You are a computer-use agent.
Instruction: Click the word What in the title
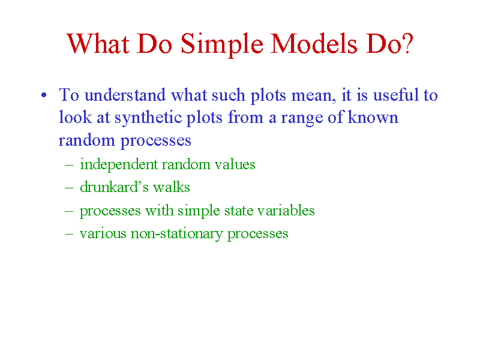(x=98, y=44)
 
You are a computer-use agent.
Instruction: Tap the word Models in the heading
(x=314, y=44)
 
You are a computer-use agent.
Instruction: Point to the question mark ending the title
(x=408, y=44)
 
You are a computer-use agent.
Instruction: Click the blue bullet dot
(x=44, y=95)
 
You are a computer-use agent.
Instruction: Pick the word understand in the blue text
(x=125, y=95)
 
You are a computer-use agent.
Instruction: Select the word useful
(x=395, y=95)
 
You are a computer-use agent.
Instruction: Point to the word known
(x=373, y=118)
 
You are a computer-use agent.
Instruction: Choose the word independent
(x=119, y=164)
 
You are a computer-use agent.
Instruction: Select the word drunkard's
(x=114, y=187)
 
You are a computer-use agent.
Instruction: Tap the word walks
(x=172, y=187)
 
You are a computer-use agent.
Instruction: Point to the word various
(x=103, y=233)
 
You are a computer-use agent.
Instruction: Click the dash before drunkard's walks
(x=69, y=187)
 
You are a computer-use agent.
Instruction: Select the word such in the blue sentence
(x=229, y=95)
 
